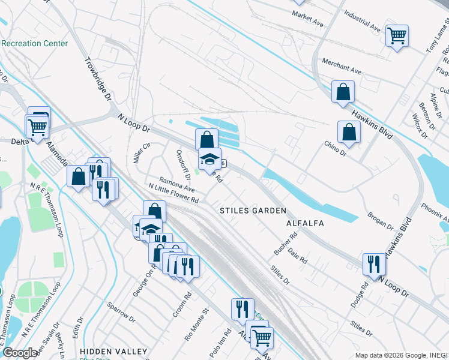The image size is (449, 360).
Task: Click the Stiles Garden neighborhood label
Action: (x=252, y=211)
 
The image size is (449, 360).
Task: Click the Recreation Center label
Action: (x=34, y=43)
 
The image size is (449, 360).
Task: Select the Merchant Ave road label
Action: (x=342, y=66)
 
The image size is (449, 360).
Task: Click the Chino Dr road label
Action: (x=336, y=148)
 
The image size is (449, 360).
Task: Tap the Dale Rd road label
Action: (x=297, y=256)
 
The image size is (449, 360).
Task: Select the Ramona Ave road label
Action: (x=176, y=184)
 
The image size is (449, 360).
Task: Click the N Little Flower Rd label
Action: (x=173, y=193)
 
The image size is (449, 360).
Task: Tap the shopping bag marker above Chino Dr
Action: (x=349, y=133)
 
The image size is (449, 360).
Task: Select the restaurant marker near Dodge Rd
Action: (x=374, y=264)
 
